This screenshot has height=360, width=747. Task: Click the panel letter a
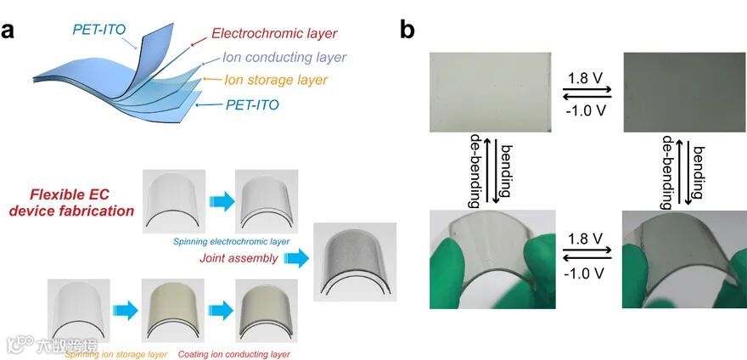(10, 31)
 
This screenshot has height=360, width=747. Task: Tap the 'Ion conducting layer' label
(284, 58)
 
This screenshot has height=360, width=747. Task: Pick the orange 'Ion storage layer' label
(276, 81)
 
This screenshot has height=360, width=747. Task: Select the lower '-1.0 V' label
(587, 274)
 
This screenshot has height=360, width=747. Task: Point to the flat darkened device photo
(682, 92)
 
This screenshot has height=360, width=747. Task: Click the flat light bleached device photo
(491, 92)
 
